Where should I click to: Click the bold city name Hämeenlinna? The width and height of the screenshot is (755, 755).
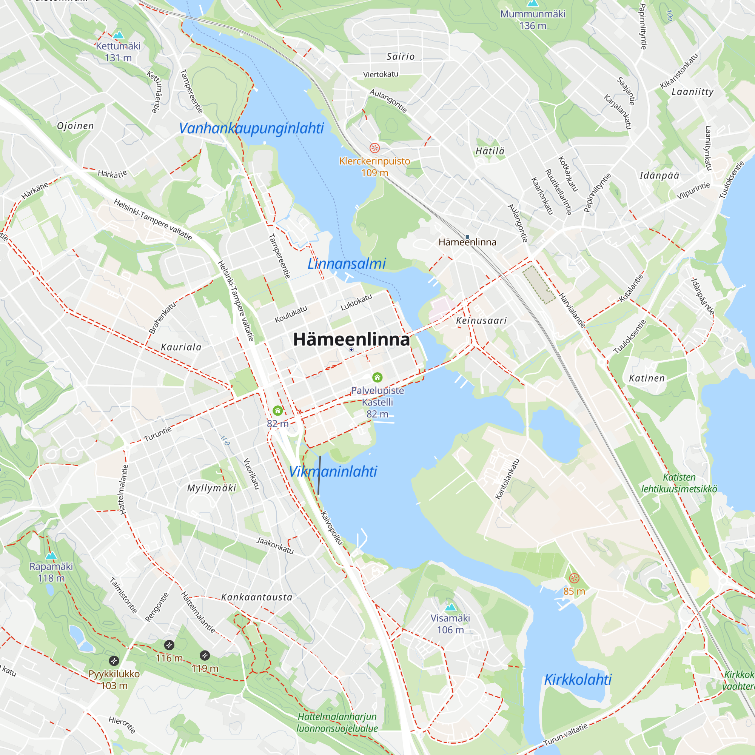point(351,339)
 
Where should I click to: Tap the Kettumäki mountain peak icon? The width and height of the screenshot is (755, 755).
point(118,35)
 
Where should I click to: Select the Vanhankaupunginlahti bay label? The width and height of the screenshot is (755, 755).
point(251,128)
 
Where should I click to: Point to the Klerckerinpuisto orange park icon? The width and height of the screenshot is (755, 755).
point(374,148)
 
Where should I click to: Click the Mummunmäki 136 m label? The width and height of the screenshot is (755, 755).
point(532,20)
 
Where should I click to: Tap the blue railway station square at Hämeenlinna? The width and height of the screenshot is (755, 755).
point(467,237)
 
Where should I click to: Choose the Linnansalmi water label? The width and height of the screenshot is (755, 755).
point(347,264)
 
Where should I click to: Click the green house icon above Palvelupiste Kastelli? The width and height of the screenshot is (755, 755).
point(377,377)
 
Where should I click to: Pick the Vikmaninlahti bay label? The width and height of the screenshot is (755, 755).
point(333,471)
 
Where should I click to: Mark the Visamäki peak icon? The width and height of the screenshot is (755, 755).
point(451,607)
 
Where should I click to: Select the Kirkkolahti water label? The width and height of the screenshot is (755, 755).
point(578,680)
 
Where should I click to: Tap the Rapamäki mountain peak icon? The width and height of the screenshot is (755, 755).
point(51,555)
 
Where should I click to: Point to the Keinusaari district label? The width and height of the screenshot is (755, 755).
point(481,321)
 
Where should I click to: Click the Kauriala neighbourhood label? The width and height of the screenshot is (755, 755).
point(181,347)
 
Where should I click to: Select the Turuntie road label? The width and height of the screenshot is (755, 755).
point(157,435)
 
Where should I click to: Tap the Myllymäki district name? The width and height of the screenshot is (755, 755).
point(211,488)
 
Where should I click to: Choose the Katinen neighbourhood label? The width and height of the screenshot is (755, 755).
point(647,378)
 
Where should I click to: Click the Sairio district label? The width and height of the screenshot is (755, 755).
point(401,57)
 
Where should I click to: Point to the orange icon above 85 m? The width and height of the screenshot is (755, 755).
point(574,578)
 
